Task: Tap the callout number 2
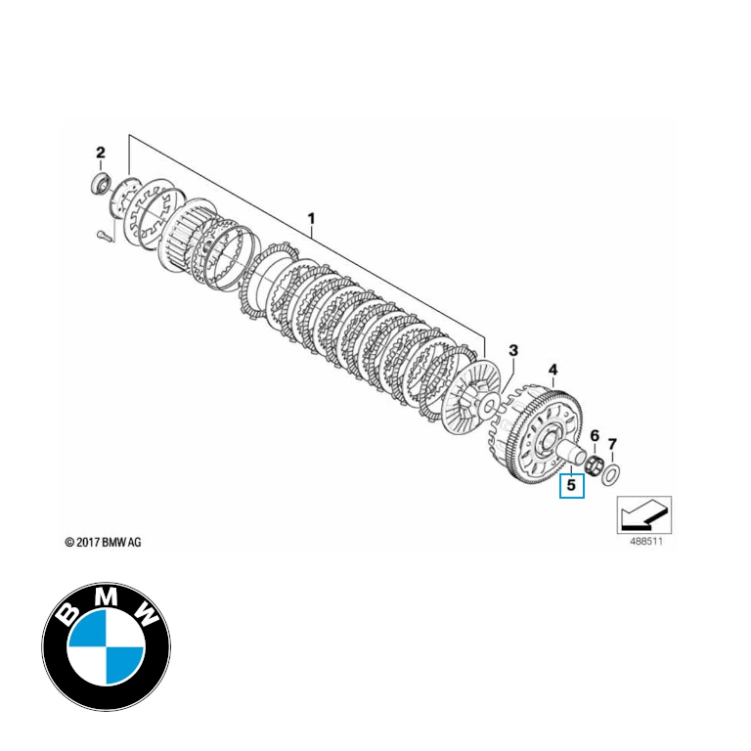point(100,152)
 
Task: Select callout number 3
point(513,350)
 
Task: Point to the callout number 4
point(552,370)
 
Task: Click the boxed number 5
point(571,484)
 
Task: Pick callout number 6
point(594,432)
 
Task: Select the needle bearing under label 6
point(592,463)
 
